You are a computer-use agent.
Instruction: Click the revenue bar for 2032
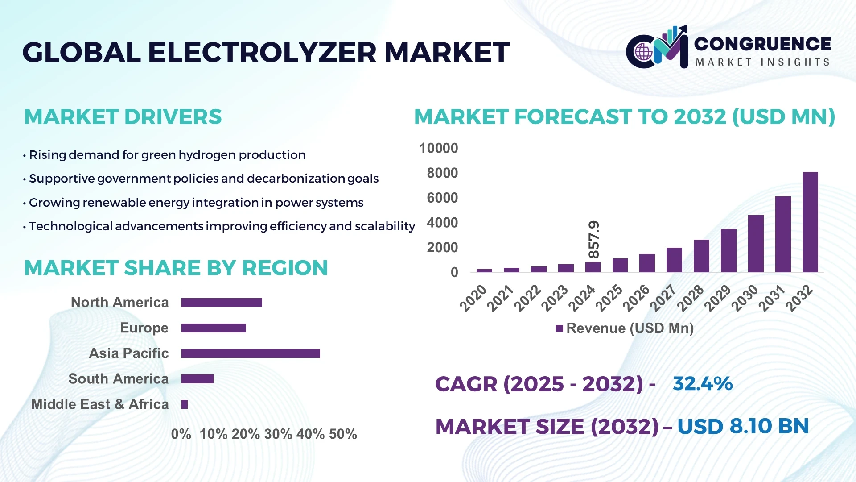(x=810, y=222)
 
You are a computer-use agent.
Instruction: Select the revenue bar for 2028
(x=701, y=256)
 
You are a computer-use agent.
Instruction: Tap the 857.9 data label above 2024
(x=594, y=239)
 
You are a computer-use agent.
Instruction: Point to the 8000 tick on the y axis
(x=442, y=173)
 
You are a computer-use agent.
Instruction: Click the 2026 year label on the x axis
(x=636, y=298)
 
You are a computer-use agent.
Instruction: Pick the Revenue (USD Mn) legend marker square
(x=559, y=329)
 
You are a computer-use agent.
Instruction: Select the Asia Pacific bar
(x=251, y=353)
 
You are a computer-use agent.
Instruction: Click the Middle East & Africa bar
(x=185, y=404)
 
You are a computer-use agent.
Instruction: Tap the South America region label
(x=118, y=379)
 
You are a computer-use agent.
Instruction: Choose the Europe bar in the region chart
(x=214, y=328)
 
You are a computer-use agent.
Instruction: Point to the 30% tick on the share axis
(x=278, y=434)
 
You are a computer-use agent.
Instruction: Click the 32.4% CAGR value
(x=703, y=384)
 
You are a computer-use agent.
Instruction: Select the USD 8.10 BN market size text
(x=743, y=426)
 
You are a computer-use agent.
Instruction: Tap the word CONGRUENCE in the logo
(x=762, y=44)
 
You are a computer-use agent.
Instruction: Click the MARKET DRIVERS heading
(x=123, y=117)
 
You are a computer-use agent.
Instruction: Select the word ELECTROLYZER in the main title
(x=262, y=53)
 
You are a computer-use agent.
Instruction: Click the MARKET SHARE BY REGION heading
(x=176, y=268)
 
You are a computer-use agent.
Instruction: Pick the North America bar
(x=222, y=303)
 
